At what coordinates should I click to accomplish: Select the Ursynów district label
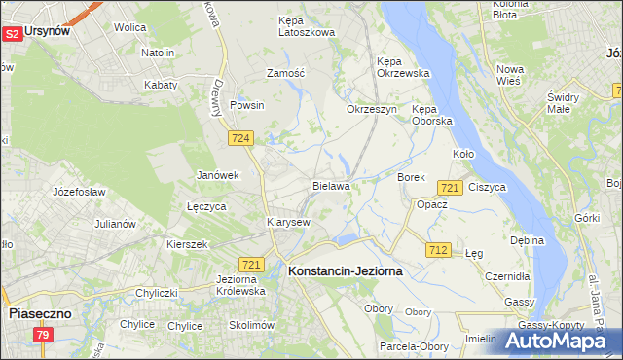[48, 31]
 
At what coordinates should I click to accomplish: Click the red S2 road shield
[12, 33]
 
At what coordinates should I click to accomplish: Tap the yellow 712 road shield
[437, 250]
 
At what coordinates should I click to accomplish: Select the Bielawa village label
[331, 185]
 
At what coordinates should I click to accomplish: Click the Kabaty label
[161, 85]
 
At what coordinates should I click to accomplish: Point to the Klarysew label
[288, 222]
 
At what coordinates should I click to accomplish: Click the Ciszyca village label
[487, 187]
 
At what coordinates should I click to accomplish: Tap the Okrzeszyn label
[372, 109]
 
